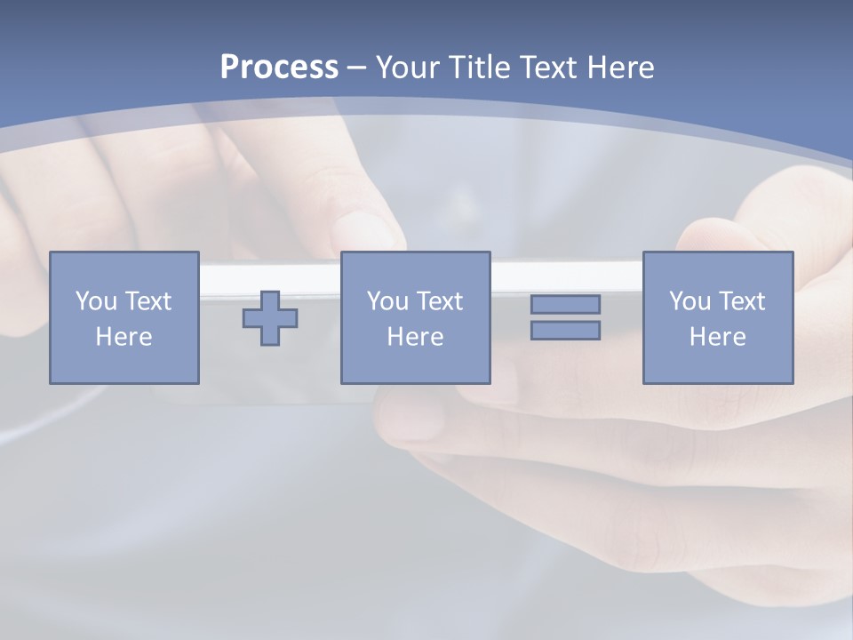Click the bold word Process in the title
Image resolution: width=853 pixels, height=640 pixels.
pyautogui.click(x=279, y=68)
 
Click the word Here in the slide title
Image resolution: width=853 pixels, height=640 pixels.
pyautogui.click(x=622, y=68)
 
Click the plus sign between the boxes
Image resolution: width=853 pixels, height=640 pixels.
pyautogui.click(x=270, y=317)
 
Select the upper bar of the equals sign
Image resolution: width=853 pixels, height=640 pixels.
pyautogui.click(x=565, y=305)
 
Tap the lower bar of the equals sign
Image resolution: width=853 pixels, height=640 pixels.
pyautogui.click(x=565, y=330)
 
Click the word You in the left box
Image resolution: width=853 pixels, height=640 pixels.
pyautogui.click(x=96, y=301)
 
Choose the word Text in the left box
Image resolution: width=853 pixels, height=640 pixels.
pyautogui.click(x=147, y=301)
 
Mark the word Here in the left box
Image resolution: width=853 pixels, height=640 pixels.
pyautogui.click(x=124, y=337)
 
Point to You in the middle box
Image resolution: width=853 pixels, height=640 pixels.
pyautogui.click(x=387, y=301)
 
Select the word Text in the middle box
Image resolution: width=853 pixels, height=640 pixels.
pyautogui.click(x=439, y=301)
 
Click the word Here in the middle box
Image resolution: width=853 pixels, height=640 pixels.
pyautogui.click(x=415, y=337)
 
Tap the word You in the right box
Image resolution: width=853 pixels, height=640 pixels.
pyautogui.click(x=690, y=301)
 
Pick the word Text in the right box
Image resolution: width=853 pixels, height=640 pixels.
pyautogui.click(x=741, y=301)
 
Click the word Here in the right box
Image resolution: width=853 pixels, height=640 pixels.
pyautogui.click(x=717, y=337)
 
